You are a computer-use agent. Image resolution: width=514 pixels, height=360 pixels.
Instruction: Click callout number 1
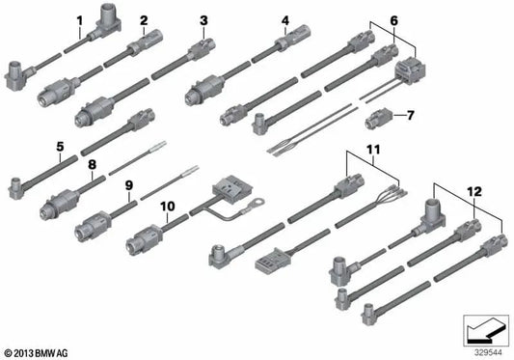point(79,19)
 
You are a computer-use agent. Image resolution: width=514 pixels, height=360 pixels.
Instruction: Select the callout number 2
point(144,19)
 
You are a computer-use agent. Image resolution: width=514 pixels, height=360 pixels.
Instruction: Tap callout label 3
point(203,19)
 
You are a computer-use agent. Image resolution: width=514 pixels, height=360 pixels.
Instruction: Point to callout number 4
point(284,19)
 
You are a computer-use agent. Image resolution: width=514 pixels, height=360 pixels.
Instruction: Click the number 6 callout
point(392,19)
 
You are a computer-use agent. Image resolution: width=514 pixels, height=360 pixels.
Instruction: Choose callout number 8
point(93,164)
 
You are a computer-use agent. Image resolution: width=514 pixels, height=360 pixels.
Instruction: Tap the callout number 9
point(127,183)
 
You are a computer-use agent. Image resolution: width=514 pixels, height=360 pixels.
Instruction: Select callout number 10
point(168,205)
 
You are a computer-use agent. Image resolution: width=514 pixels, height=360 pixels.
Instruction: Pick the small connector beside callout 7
point(379,120)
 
